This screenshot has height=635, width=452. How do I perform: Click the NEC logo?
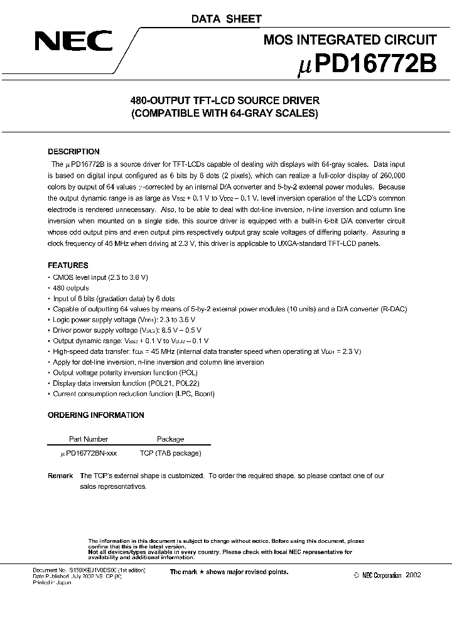[73, 42]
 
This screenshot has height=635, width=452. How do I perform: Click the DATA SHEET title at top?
[227, 19]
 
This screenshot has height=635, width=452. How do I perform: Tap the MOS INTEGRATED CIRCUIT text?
[349, 40]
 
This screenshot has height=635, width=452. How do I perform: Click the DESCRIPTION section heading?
[73, 152]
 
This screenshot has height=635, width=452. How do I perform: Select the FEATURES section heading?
[68, 265]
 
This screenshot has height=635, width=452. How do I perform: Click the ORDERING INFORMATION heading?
[95, 415]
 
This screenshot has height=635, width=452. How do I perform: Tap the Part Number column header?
[88, 439]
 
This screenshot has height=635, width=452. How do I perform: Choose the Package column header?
[170, 439]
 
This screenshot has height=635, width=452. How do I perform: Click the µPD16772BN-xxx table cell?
[89, 452]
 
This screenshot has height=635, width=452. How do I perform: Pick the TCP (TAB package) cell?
[170, 452]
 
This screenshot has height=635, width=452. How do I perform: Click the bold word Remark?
[60, 476]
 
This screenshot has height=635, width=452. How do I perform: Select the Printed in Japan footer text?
[52, 582]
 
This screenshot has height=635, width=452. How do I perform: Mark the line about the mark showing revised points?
[229, 572]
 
